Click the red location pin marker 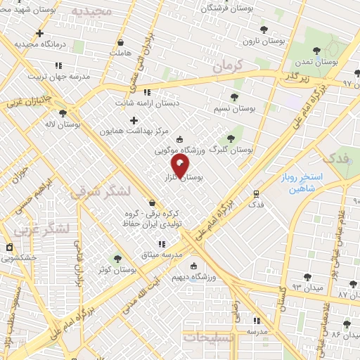(180, 165)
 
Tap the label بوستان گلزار (185, 179)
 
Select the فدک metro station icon (255, 193)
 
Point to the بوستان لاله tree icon (63, 112)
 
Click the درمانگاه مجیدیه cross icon (39, 33)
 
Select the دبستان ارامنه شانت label (148, 103)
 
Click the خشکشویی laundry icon (8, 247)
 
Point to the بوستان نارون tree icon (263, 30)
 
